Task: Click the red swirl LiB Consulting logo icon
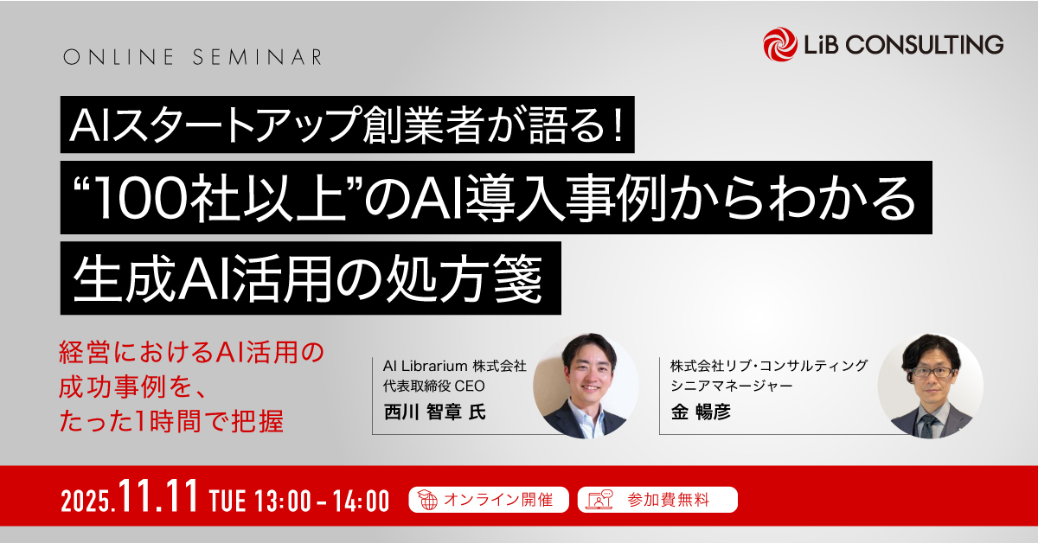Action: pos(780,44)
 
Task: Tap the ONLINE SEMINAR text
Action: pos(193,58)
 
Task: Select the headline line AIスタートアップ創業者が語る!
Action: pos(347,125)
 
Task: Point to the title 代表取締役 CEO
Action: pos(429,385)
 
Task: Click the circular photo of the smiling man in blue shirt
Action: pos(585,385)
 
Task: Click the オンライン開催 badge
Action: pos(488,500)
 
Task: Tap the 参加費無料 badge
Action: pos(657,500)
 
